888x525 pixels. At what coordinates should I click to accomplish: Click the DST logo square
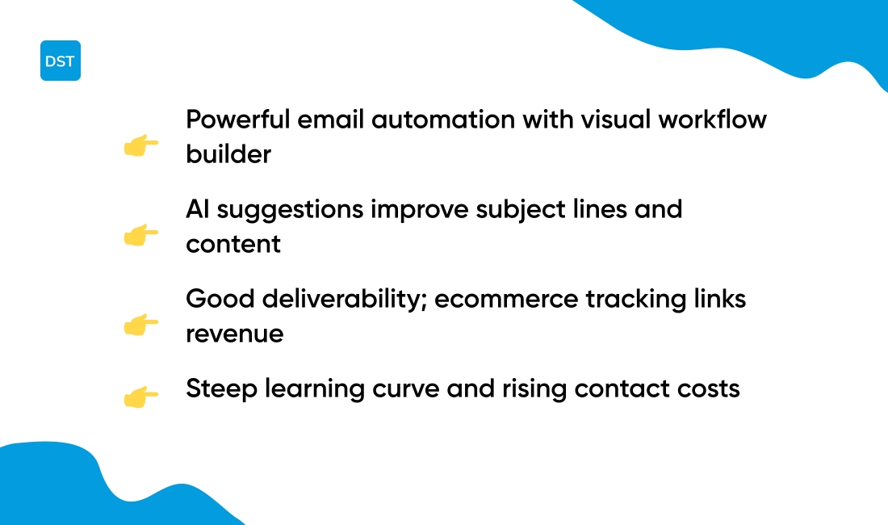tap(61, 61)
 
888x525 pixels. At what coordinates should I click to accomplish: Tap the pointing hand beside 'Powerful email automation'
tap(140, 146)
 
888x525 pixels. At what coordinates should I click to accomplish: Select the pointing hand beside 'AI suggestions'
tap(140, 235)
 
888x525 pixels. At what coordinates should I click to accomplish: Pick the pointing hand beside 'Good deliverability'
tap(140, 325)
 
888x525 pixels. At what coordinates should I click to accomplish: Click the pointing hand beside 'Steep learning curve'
tap(140, 397)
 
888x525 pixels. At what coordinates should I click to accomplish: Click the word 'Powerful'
tap(237, 120)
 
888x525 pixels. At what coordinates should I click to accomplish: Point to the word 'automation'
tap(443, 120)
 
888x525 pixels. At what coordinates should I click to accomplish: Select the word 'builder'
tap(228, 153)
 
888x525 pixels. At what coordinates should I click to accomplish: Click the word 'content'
tap(233, 243)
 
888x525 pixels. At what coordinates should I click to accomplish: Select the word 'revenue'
tap(234, 333)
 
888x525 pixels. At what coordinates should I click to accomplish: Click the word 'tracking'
tap(631, 300)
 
